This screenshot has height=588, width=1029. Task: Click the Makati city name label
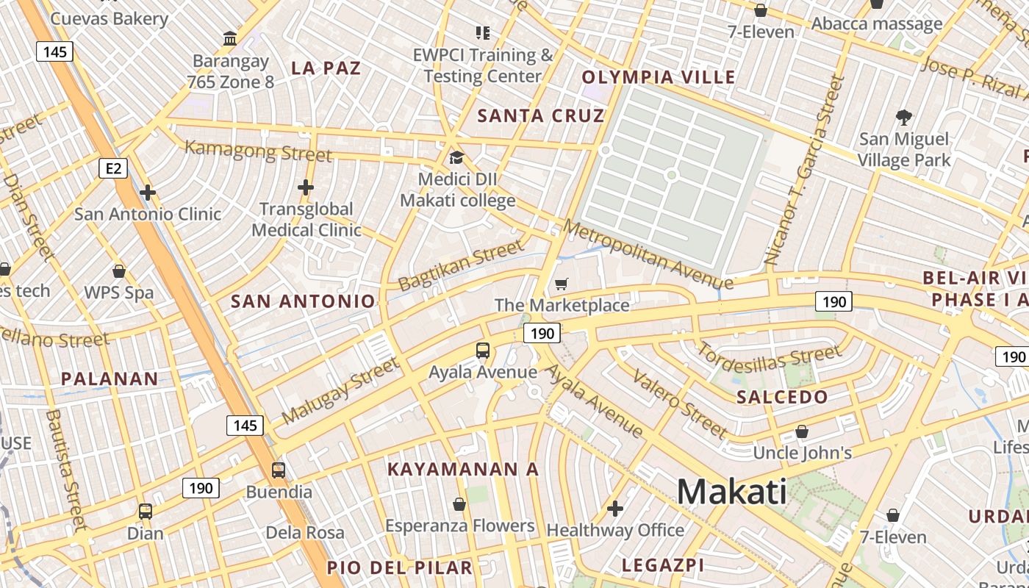tap(731, 492)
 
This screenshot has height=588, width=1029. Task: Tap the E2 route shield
tap(113, 169)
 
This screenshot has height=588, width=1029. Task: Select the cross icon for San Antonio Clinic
tap(148, 193)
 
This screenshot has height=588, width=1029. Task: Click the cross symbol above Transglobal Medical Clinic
tap(306, 187)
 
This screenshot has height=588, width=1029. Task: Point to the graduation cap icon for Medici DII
tap(456, 158)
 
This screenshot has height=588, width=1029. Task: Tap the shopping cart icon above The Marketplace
tap(562, 284)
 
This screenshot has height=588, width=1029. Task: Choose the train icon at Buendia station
tap(279, 470)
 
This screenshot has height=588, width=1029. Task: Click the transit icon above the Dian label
tap(146, 511)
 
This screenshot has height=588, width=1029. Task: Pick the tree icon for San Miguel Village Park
tap(904, 117)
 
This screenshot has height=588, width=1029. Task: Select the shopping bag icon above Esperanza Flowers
tap(459, 504)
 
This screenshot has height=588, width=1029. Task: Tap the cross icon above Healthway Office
tap(615, 508)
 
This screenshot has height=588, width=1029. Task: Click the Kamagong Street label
tap(258, 151)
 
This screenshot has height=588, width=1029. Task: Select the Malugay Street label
tap(340, 390)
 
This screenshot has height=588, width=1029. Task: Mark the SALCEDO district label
tap(782, 397)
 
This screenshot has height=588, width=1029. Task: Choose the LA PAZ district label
tap(326, 68)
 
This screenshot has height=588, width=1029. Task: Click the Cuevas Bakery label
tap(110, 18)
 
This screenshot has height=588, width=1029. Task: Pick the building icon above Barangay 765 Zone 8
tap(230, 38)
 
